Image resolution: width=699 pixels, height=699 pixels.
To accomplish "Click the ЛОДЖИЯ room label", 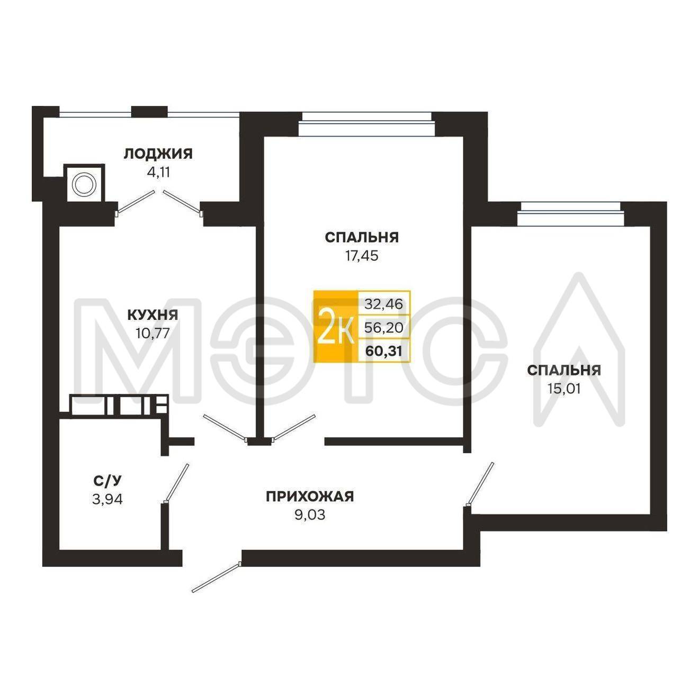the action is [x=158, y=154].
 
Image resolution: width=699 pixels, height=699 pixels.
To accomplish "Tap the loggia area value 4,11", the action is [x=158, y=172].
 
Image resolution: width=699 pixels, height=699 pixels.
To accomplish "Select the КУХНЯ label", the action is [x=153, y=315].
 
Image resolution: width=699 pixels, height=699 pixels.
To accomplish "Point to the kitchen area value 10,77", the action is [x=153, y=333].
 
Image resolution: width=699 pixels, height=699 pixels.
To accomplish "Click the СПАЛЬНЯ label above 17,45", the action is [x=362, y=238].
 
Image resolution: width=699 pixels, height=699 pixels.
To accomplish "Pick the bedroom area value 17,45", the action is [x=362, y=256].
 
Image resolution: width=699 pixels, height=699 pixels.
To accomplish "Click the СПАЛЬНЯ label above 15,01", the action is [x=564, y=370].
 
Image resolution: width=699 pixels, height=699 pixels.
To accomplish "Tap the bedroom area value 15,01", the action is [x=564, y=389].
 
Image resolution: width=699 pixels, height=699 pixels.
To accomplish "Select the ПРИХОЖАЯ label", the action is [x=310, y=496].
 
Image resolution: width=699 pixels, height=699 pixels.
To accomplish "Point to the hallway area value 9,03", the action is [x=310, y=515].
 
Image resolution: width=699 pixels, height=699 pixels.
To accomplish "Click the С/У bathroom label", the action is [x=107, y=481].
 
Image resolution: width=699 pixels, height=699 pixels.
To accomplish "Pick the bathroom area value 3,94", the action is [x=107, y=499].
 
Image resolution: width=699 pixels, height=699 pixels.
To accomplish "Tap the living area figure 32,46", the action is [x=383, y=303].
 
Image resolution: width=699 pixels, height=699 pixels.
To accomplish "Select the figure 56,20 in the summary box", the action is [x=383, y=328].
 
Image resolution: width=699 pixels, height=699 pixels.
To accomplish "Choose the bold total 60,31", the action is [x=384, y=351].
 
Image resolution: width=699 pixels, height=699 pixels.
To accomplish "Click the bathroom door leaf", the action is [x=176, y=483].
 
